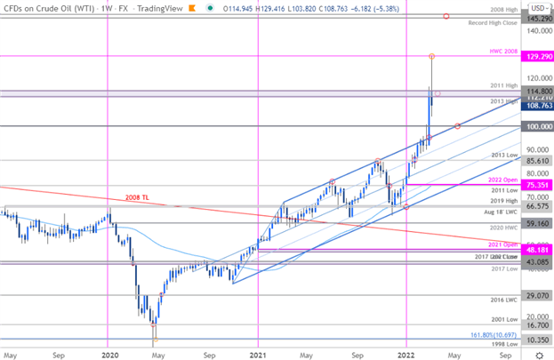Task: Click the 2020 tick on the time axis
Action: pos(109,354)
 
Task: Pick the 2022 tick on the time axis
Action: pos(406,354)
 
